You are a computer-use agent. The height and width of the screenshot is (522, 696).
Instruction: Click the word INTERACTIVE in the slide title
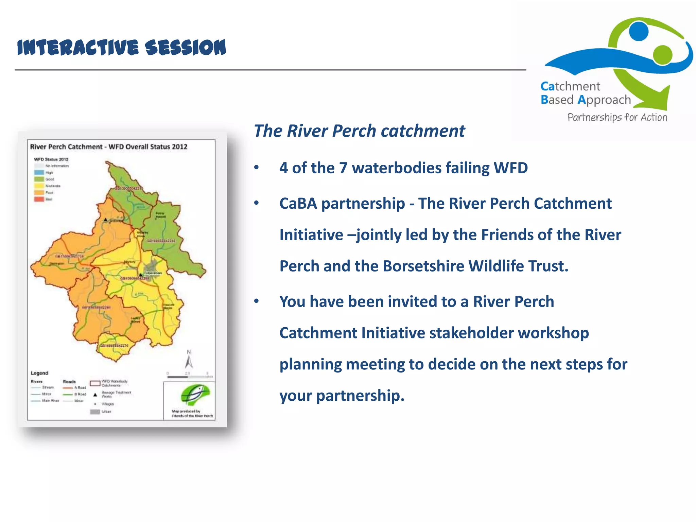tap(78, 47)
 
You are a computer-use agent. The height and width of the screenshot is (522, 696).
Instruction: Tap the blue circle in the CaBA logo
tap(639, 31)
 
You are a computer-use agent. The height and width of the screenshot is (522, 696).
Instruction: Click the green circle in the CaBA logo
tap(662, 54)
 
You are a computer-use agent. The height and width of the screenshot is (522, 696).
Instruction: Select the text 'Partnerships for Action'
tap(617, 118)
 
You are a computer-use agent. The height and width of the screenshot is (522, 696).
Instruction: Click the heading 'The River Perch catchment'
tap(359, 131)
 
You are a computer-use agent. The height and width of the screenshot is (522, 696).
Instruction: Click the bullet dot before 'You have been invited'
tap(257, 301)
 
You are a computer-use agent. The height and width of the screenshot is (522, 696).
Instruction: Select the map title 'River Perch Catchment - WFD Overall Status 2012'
tap(109, 147)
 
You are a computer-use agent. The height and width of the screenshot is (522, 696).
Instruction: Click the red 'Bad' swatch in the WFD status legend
tap(39, 199)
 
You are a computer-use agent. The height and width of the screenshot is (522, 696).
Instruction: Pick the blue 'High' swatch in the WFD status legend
tap(39, 173)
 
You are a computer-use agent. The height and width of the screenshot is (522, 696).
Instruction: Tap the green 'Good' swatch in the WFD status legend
tap(39, 179)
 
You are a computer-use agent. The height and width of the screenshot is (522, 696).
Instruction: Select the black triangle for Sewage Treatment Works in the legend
tap(95, 395)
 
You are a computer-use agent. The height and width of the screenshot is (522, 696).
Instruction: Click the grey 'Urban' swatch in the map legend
tap(95, 412)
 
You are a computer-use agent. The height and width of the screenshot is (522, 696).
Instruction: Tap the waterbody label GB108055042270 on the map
tap(114, 346)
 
